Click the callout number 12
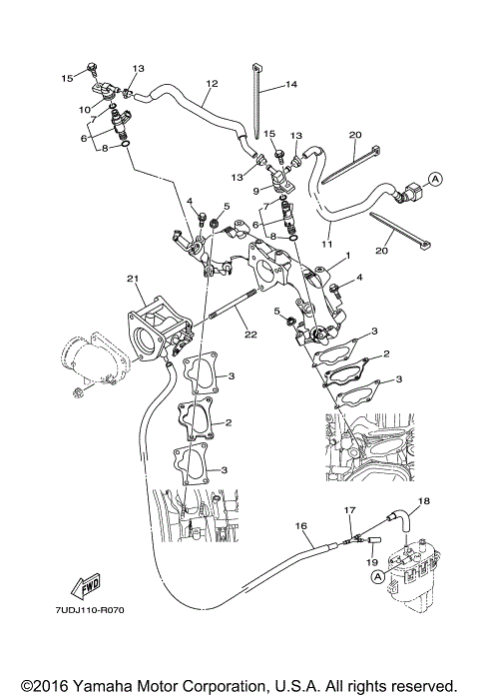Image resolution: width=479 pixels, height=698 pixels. coord(211,84)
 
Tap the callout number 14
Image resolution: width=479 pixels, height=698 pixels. coord(291,85)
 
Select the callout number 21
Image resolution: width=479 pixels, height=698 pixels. coord(131,278)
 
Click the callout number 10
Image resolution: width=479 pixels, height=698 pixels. coord(85,108)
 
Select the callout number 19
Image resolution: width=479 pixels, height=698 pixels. coord(370,560)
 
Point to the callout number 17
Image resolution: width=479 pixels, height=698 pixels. coord(349,511)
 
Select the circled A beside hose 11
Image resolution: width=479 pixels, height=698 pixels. coord(435,180)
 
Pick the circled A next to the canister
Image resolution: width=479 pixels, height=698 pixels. coord(377,577)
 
